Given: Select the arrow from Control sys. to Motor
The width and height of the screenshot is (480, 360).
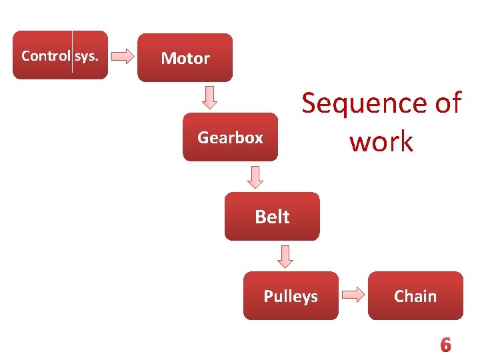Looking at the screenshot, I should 123,56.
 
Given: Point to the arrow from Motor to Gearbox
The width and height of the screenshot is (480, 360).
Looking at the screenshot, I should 210,97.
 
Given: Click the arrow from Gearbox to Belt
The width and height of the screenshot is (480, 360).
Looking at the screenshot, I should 256,177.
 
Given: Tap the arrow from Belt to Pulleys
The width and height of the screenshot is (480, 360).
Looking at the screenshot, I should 285,256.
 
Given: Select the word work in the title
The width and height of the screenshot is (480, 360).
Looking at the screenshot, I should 381,141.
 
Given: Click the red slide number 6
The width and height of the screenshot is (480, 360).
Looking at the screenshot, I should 445,345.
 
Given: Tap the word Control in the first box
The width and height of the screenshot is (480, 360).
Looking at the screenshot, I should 45,55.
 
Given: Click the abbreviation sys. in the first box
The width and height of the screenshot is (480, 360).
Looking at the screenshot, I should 86,55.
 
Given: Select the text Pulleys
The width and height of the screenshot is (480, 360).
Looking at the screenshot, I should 291,296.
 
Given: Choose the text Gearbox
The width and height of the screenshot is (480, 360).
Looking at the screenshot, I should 230,138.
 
